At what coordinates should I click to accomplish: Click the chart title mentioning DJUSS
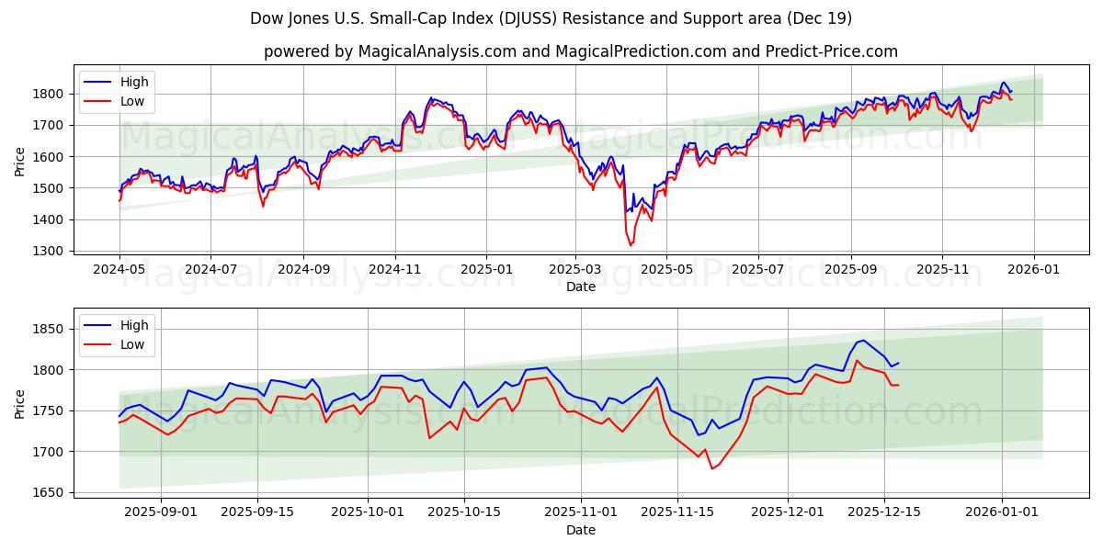point(551,18)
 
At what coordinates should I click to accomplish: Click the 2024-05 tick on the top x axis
point(119,270)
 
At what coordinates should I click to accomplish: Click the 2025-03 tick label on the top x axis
point(576,270)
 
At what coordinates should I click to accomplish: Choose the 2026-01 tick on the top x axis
point(1034,270)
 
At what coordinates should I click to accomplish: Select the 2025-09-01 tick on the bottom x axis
point(161,512)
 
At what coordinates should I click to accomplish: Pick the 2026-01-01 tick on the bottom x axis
point(1002,512)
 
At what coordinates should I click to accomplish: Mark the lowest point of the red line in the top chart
point(631,245)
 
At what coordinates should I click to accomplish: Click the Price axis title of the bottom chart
point(20,403)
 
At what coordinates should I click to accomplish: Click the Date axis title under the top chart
point(580,287)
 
